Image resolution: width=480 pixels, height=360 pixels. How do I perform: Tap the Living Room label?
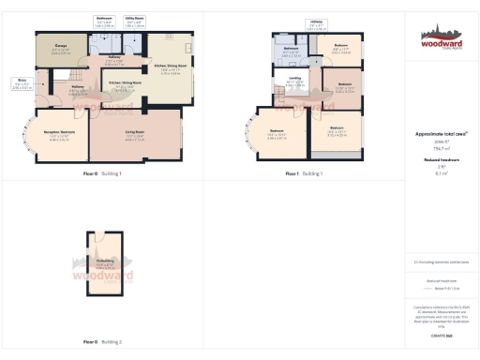(x=134, y=137)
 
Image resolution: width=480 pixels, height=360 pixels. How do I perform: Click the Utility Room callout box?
(x=134, y=21)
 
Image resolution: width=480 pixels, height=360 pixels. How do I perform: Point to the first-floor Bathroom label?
(x=292, y=50)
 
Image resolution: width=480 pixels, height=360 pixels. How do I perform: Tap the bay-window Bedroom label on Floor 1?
(x=278, y=134)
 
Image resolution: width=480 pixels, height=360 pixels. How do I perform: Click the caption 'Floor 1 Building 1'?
(x=304, y=173)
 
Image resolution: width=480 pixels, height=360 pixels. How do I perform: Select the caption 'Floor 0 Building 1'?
(x=102, y=173)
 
